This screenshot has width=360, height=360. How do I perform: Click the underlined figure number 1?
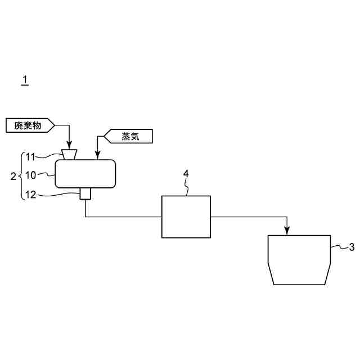[x=25, y=80]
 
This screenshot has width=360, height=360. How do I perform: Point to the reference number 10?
[x=31, y=175]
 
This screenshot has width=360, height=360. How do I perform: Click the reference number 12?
[x=31, y=195]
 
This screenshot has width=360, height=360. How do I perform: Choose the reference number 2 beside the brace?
[x=14, y=176]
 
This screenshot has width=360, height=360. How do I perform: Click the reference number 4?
[x=186, y=173]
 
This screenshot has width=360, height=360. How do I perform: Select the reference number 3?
[x=352, y=246]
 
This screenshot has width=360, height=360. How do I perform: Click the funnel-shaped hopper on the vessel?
[x=70, y=155]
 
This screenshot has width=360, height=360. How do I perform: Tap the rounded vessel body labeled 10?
[x=85, y=174]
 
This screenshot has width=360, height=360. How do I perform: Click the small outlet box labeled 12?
[x=85, y=194]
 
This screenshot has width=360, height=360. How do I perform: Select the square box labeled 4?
[x=186, y=217]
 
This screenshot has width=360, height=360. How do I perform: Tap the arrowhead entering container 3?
[x=287, y=231]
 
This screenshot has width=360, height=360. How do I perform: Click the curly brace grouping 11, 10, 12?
[x=21, y=175]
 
